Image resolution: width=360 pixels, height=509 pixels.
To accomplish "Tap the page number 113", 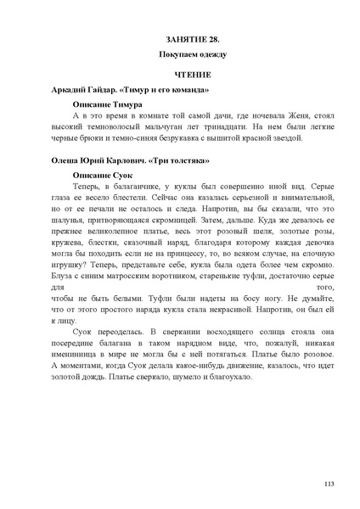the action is click(329, 484).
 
